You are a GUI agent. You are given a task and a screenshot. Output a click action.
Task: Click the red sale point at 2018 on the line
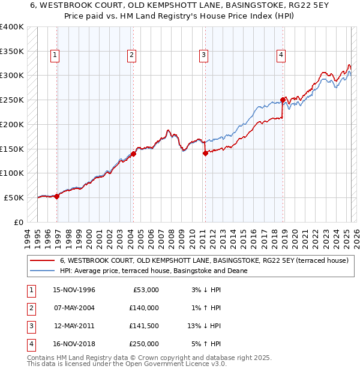283,100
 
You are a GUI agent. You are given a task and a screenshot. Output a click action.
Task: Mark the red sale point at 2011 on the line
205,153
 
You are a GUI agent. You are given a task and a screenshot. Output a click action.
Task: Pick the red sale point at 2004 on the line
133,154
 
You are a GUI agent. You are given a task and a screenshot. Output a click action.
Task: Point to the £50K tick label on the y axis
14,197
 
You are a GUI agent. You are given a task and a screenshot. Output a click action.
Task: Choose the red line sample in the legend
42,260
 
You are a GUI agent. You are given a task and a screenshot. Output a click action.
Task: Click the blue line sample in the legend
42,271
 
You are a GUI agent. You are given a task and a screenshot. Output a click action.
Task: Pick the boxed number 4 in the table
30,344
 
